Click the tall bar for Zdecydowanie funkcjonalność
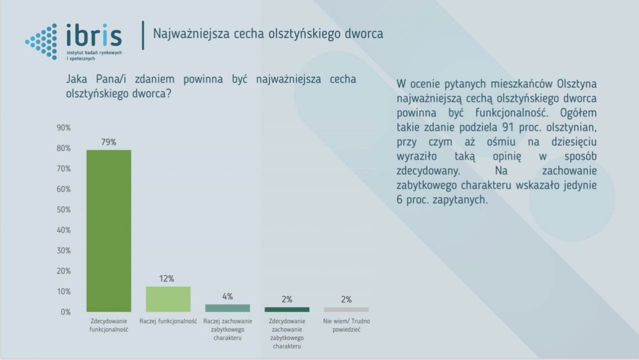point(109,231)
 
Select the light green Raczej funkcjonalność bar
point(168,299)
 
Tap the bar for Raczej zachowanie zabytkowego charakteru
point(227,308)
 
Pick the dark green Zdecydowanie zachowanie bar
point(287,309)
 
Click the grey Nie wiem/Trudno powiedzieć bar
point(346,309)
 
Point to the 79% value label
point(108,142)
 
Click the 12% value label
point(166,278)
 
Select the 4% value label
point(227,296)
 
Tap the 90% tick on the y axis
point(63,128)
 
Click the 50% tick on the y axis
point(63,209)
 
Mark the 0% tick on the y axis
point(65,312)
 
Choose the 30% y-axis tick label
point(63,250)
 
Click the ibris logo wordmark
point(94,35)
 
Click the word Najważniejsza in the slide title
point(191,34)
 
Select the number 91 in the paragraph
point(508,127)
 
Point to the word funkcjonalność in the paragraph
point(512,113)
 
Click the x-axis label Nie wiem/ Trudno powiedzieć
point(346,325)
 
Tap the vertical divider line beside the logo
point(143,35)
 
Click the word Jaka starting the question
point(76,79)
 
